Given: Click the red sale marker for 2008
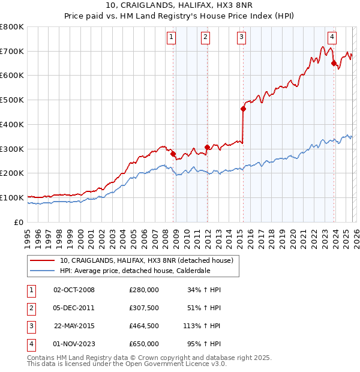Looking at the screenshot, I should (173, 154).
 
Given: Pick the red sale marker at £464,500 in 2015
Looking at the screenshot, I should (243, 109).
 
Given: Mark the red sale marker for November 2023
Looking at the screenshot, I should (334, 63).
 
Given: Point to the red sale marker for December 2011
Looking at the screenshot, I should (207, 147).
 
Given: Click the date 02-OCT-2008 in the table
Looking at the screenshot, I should (74, 290).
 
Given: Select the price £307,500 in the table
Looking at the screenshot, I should (144, 308).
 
